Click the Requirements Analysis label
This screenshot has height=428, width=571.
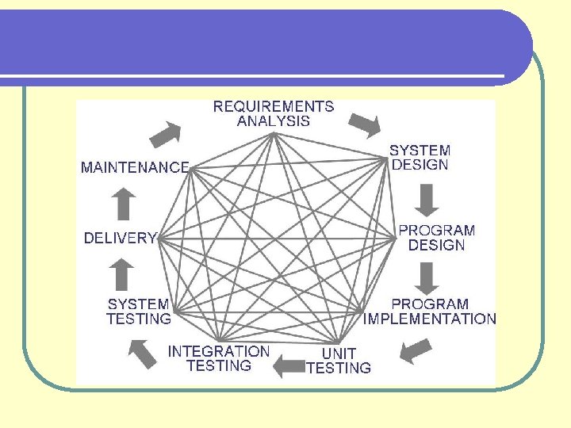pos(274,113)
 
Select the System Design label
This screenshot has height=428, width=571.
pos(420,157)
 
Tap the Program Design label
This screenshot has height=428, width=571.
pos(436,238)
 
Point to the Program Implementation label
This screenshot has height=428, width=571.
pos(430,311)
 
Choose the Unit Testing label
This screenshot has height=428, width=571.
pos(339,361)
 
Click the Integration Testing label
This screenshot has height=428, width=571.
pos(218,358)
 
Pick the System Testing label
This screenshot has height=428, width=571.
pos(139,311)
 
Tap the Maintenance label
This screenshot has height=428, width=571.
pos(135,167)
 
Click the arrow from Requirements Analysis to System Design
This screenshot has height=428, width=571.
pos(366,125)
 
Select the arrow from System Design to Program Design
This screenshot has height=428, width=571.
pos(427,200)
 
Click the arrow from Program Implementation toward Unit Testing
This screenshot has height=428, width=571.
pos(415,350)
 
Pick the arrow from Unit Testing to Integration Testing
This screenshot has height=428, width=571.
pos(289,365)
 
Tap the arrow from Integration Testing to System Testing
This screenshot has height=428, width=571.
pos(143,353)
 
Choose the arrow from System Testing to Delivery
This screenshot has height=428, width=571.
pos(121,275)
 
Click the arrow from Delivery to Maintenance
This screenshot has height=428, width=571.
pos(122,204)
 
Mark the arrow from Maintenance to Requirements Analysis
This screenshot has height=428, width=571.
pos(167,134)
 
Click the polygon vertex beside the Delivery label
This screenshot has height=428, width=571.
pos(159,237)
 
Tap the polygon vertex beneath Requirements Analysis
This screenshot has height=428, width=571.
pos(274,133)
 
